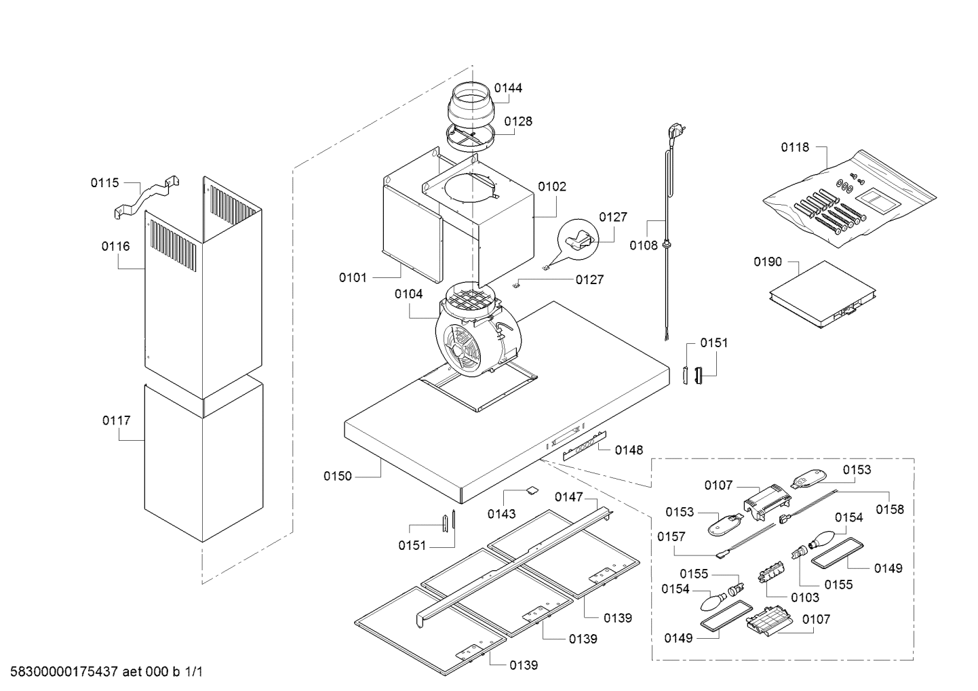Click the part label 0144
coord(508,88)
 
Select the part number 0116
coord(116,247)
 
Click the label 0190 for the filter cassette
coord(768,262)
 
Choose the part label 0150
coord(338,476)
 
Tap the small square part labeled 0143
coord(532,490)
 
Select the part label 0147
coord(569,497)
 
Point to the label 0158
coord(890,509)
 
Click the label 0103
coord(805,597)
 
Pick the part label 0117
coord(117,421)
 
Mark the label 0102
coord(552,187)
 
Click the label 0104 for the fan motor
coord(409,294)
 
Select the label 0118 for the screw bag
coord(795,148)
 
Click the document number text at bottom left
coord(106,672)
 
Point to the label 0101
coord(353,277)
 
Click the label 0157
coord(671,536)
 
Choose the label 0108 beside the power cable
coord(644,245)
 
